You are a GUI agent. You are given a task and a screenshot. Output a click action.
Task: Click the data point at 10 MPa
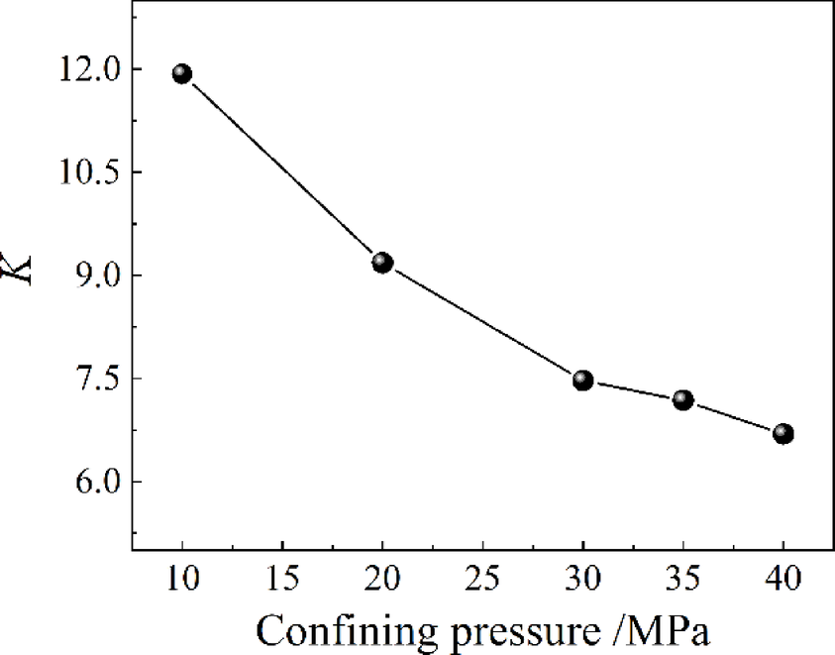pos(182,73)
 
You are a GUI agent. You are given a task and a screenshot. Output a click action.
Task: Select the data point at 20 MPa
pos(382,263)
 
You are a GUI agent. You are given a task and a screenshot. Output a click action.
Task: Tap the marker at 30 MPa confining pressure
pos(582,381)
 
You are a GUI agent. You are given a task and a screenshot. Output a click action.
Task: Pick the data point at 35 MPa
pos(682,400)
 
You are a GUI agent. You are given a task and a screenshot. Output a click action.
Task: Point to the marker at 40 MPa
pos(783,433)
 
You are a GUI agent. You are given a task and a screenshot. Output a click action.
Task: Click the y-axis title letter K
pos(20,269)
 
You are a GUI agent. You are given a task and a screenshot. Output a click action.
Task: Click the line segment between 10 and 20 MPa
pos(282,168)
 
